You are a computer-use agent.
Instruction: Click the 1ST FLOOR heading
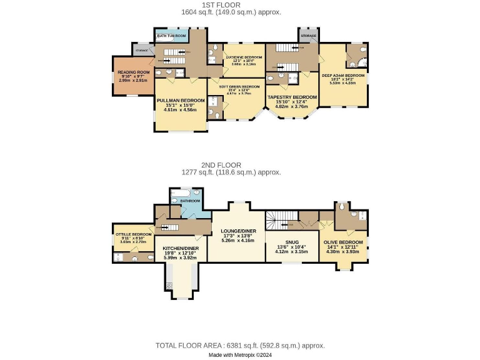240,4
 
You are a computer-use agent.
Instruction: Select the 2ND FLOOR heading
240,165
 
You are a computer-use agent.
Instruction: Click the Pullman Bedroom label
181,100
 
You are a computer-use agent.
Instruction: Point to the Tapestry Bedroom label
292,97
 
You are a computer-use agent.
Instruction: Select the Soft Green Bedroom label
239,86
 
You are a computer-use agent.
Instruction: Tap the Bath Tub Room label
171,36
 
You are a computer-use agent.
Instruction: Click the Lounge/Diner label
238,231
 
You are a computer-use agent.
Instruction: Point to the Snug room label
292,242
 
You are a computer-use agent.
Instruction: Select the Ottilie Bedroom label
133,234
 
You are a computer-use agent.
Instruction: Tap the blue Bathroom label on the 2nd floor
190,201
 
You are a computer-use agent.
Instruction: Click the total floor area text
240,346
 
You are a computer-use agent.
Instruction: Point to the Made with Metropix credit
240,354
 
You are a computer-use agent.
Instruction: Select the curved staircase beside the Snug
276,220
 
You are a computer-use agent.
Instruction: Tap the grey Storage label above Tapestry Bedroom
308,36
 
